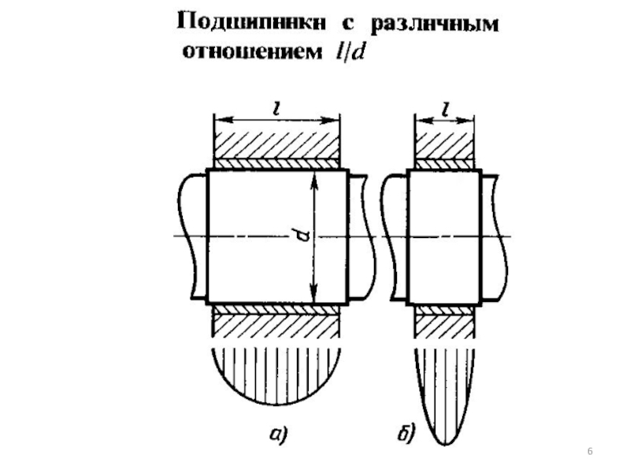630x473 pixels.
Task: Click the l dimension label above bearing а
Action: pyautogui.click(x=275, y=110)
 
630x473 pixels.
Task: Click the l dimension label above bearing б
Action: pyautogui.click(x=445, y=110)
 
